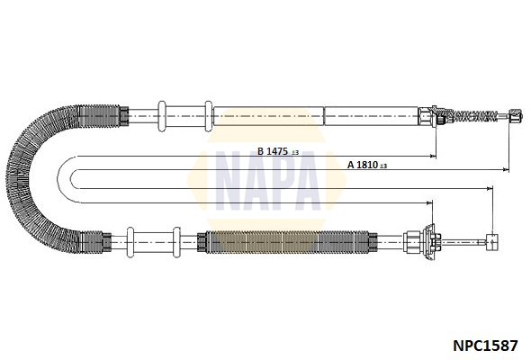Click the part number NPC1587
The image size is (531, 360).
(485, 346)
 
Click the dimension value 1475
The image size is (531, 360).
(277, 151)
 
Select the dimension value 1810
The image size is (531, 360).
(367, 165)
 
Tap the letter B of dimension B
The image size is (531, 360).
(260, 151)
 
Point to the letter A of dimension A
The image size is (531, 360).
(351, 165)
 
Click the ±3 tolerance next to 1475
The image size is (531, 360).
(295, 153)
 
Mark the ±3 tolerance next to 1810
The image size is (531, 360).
(383, 166)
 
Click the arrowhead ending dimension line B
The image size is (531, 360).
(433, 156)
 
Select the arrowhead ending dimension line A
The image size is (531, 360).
(506, 169)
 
